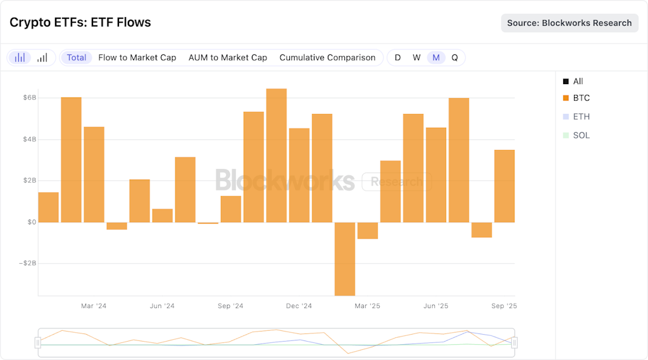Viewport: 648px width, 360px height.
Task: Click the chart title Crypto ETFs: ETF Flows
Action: pyautogui.click(x=80, y=23)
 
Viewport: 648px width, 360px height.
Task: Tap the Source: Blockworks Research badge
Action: pyautogui.click(x=570, y=23)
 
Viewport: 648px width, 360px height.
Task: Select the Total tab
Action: pyautogui.click(x=77, y=58)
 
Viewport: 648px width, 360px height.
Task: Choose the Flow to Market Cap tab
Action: pyautogui.click(x=137, y=58)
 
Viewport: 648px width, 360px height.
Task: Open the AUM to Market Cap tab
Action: pyautogui.click(x=228, y=58)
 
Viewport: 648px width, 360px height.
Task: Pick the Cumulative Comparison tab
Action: pyautogui.click(x=327, y=58)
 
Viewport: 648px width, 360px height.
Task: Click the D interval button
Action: pyautogui.click(x=397, y=58)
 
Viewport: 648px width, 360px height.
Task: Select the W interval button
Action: pyautogui.click(x=416, y=58)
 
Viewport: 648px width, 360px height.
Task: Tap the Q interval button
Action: pyautogui.click(x=454, y=58)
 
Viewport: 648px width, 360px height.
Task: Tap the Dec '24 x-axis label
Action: pyautogui.click(x=299, y=306)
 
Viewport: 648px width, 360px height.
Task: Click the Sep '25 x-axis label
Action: pyautogui.click(x=504, y=306)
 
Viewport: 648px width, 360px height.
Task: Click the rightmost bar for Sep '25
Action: pyautogui.click(x=504, y=186)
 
